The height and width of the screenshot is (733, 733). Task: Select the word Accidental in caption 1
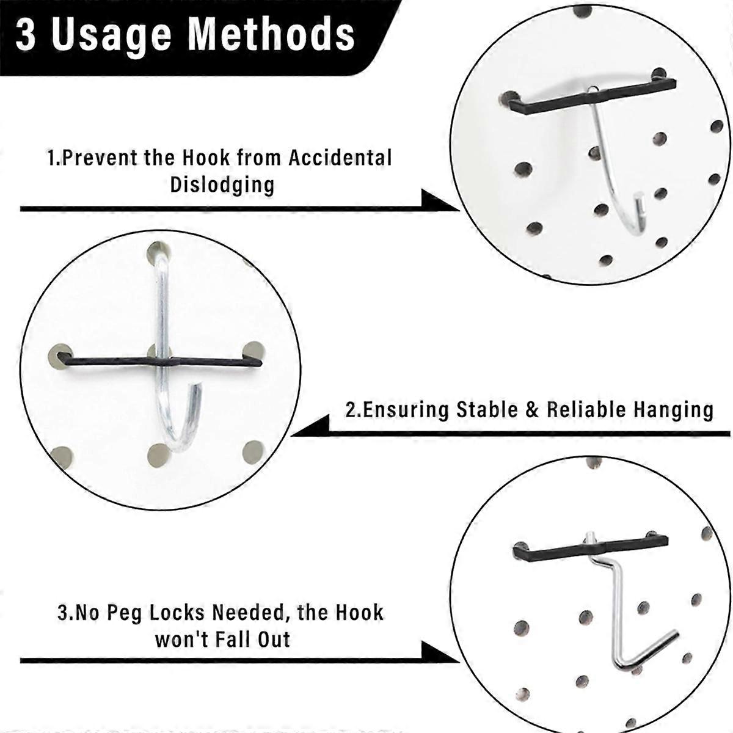[x=340, y=158]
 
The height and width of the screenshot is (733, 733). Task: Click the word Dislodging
[x=222, y=184]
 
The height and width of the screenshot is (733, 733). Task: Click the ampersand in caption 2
[x=533, y=410]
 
